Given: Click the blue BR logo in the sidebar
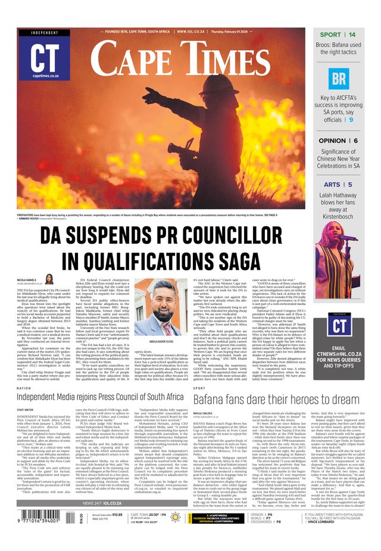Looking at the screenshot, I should [338, 78].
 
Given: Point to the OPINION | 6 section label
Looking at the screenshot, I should [338, 141].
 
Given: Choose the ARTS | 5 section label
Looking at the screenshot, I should [338, 185].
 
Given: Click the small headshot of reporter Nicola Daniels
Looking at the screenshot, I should [49, 279].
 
